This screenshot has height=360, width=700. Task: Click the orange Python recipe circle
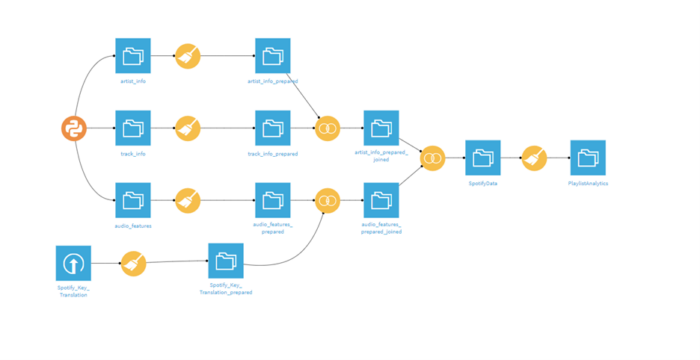pos(73,128)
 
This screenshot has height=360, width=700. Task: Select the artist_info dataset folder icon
pos(133,56)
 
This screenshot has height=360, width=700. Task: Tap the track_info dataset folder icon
pos(133,128)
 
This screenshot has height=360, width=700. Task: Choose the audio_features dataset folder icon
pos(133,200)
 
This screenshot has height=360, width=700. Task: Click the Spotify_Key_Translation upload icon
pos(73,263)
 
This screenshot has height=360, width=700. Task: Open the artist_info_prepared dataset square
pos(272,56)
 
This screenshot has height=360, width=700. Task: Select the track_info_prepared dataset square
pos(272,128)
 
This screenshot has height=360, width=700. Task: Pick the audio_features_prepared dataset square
pos(272,200)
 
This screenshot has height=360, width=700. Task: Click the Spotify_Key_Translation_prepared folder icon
pos(226,261)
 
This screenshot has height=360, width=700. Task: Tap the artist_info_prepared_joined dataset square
pos(381,128)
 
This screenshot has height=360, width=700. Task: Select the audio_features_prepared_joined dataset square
pos(381,200)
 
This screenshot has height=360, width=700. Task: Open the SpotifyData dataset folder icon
pos(483,158)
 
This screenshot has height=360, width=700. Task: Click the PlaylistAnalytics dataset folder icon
pos(587,158)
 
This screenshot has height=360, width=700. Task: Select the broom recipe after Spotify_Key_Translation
pos(133,264)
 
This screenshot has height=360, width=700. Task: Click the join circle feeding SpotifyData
pos(432,158)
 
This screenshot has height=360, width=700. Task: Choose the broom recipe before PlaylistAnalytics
pos(535,158)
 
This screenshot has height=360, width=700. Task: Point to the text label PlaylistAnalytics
pos(587,184)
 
